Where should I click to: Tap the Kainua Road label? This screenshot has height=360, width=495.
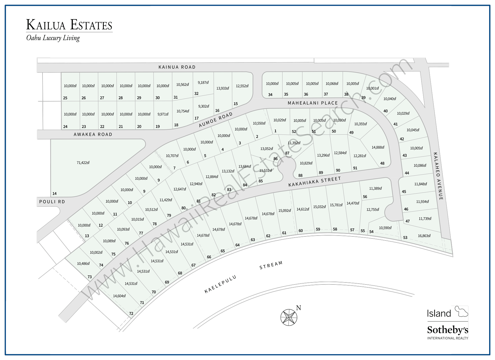click(177, 67)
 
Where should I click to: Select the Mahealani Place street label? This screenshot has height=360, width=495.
click(313, 103)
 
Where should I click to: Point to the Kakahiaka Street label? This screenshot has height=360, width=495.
click(315, 182)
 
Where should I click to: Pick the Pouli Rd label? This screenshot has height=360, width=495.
click(52, 202)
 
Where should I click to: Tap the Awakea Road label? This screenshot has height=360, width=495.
click(93, 135)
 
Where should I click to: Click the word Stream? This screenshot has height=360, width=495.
click(271, 265)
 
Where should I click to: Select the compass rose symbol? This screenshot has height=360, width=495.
click(289, 317)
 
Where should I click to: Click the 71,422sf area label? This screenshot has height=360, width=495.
click(83, 163)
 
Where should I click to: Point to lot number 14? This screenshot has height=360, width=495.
click(54, 194)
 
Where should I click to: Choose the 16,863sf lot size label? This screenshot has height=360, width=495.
click(424, 236)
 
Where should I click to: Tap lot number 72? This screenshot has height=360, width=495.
click(131, 313)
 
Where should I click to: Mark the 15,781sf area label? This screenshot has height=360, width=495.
click(336, 205)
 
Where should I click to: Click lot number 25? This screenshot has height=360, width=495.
click(65, 98)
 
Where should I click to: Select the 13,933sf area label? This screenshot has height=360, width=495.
click(223, 88)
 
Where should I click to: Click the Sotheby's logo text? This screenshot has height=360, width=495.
click(447, 330)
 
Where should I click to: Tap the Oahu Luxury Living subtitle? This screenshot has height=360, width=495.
click(53, 38)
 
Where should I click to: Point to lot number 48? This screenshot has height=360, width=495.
click(382, 163)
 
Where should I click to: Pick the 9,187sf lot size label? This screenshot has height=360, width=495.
click(203, 82)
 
